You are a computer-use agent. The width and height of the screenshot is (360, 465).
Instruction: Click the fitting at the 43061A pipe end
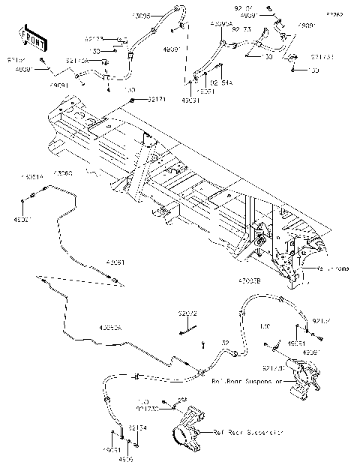(x=31, y=197)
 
